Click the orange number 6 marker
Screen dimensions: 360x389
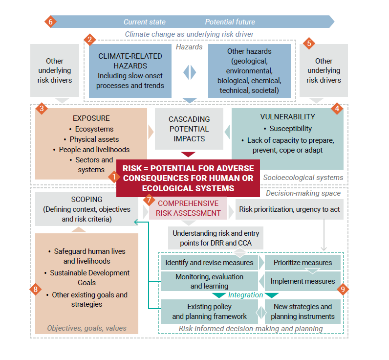coord(51,22)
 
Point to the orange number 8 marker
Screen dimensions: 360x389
coord(36,289)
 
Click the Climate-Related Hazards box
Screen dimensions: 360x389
coord(130,71)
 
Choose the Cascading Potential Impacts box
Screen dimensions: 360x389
coord(189,129)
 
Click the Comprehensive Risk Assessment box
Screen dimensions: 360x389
coord(188,208)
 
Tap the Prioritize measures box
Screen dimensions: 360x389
coord(303,263)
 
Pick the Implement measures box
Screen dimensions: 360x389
coord(303,281)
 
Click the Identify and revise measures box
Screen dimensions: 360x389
coord(209,263)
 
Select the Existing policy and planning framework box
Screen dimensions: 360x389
coord(209,312)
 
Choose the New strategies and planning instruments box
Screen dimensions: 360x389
coord(303,312)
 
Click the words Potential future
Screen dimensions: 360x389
coord(230,22)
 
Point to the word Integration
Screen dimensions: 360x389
coord(245,295)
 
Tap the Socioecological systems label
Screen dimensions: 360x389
coord(303,178)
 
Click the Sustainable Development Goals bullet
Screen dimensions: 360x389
coord(89,277)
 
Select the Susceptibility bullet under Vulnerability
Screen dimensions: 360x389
coord(290,129)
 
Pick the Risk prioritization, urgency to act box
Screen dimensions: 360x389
coord(290,209)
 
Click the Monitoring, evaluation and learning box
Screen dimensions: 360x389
coord(209,281)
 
